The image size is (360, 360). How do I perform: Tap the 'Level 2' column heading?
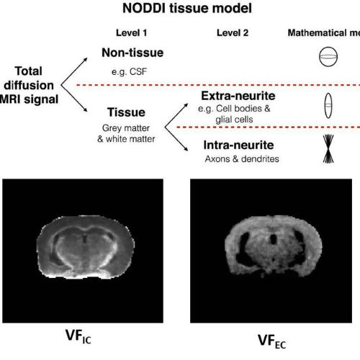tap(231, 33)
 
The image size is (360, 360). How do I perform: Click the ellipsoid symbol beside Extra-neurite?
tap(329, 105)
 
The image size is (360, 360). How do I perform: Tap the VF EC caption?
tap(274, 339)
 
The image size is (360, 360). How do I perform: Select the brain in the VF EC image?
tap(274, 248)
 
